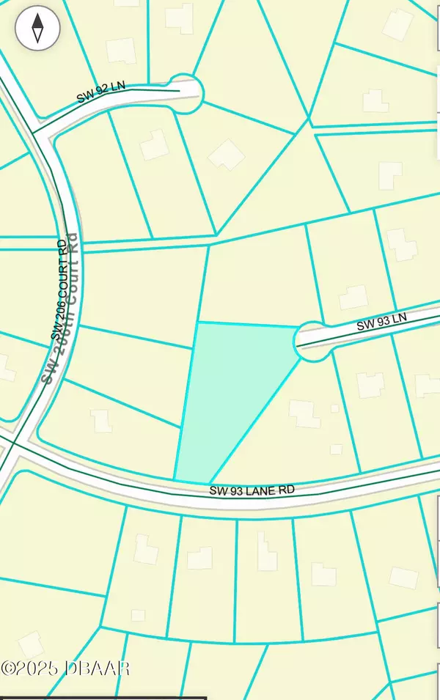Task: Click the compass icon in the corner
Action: [37, 29]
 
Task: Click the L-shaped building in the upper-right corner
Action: [390, 173]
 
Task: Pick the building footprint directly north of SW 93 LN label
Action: [353, 297]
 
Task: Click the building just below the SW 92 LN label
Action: [154, 145]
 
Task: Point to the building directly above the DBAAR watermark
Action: [31, 645]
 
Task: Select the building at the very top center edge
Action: [180, 16]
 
